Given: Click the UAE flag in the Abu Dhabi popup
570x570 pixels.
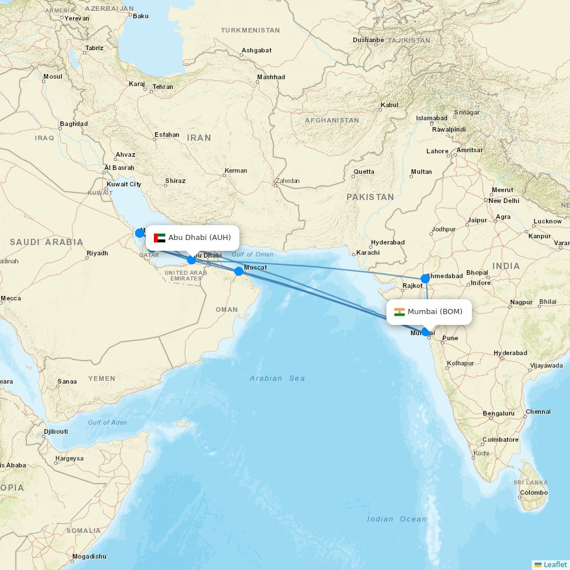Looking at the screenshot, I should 160,238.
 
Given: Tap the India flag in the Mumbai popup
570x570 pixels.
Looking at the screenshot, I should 399,312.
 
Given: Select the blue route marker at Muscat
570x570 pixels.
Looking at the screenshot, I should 239,271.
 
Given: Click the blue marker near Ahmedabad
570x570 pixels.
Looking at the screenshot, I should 425,279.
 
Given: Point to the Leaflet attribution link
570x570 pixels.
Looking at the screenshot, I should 555,564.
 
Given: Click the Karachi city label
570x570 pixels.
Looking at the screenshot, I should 368,253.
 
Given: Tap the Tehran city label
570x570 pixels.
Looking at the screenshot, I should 162,87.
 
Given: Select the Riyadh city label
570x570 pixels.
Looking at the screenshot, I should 97,253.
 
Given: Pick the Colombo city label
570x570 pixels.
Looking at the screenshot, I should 534,492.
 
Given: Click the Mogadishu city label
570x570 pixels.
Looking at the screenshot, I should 89,556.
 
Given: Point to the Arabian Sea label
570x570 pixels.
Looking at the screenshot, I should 277,378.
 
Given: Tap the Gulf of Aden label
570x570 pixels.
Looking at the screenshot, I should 107,422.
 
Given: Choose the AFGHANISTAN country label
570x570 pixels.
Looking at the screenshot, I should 332,120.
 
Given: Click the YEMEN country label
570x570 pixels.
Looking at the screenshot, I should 101,378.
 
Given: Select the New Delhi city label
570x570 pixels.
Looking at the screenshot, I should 503,201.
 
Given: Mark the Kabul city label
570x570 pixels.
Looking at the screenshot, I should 389,105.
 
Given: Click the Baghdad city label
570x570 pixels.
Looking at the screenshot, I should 74,124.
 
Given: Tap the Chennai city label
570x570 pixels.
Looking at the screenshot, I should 538,412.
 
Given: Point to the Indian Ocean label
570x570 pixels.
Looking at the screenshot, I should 397,519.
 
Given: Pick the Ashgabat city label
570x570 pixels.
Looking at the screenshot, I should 256,50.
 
